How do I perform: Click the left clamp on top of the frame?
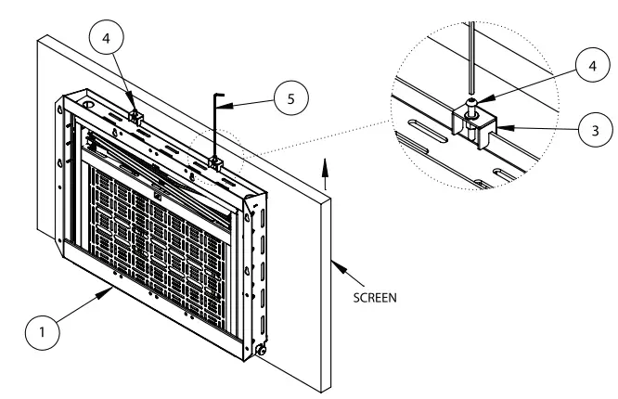coord(135,116)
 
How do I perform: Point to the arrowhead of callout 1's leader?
coord(109,290)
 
